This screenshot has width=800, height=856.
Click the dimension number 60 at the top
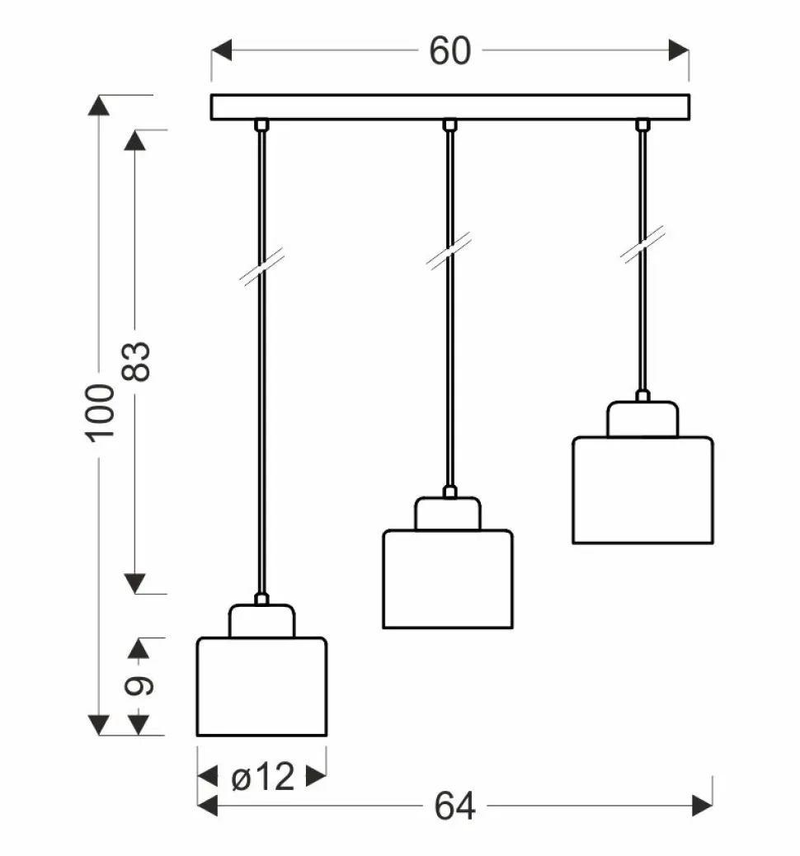[x=449, y=51]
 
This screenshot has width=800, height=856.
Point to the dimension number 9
[x=139, y=685]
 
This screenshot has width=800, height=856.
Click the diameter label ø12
[x=262, y=776]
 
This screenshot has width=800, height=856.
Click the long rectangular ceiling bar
[x=449, y=107]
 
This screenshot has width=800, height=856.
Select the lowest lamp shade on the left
[x=261, y=685]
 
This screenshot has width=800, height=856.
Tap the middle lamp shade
[x=448, y=579]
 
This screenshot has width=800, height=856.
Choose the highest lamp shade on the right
[x=642, y=490]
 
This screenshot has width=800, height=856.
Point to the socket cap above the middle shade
[x=448, y=514]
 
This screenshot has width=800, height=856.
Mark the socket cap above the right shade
[x=642, y=419]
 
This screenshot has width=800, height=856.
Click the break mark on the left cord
[x=261, y=270]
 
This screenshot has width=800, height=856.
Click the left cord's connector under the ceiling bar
[x=261, y=125]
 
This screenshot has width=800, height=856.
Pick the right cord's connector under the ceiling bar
[x=642, y=125]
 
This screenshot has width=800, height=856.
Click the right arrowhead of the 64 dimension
[x=703, y=806]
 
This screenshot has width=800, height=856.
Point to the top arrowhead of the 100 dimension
[x=99, y=106]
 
